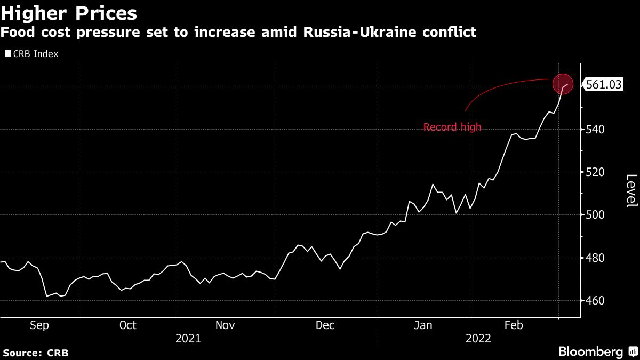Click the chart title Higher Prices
click(69, 13)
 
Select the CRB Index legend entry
click(32, 54)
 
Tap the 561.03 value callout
click(604, 84)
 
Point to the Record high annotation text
click(452, 127)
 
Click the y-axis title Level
click(631, 191)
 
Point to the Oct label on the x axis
click(128, 325)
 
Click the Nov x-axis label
click(226, 325)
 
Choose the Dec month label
click(325, 325)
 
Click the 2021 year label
click(188, 338)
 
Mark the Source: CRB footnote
click(35, 353)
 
